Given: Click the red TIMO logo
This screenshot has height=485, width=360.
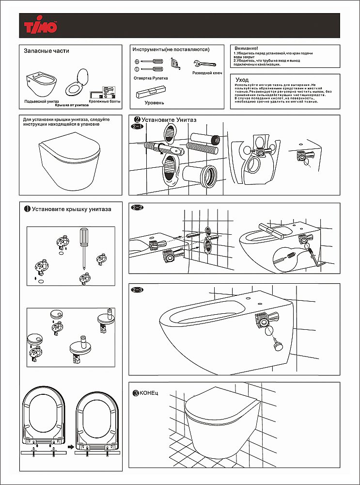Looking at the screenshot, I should [x=41, y=26].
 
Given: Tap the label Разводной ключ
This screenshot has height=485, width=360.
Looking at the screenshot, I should [x=207, y=73].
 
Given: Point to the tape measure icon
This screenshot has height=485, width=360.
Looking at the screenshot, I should [x=176, y=63].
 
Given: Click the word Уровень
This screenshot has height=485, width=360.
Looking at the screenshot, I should [x=155, y=103].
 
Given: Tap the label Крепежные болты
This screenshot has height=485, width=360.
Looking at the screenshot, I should [x=104, y=101].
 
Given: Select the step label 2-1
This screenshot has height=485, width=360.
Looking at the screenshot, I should [x=138, y=127].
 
